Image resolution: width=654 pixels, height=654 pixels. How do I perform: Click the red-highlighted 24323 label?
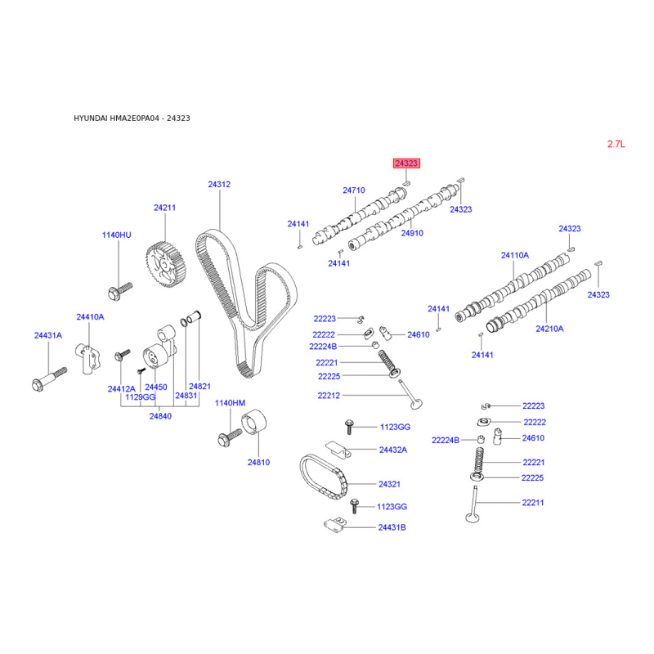tap(406, 163)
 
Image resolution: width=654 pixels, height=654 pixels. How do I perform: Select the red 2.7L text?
tap(616, 145)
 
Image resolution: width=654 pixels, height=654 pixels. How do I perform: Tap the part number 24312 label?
tap(219, 185)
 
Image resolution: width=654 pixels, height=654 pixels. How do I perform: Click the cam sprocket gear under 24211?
tap(166, 265)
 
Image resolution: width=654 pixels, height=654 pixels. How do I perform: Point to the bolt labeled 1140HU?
tap(120, 291)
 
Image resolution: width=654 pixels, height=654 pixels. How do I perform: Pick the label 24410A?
tap(90, 317)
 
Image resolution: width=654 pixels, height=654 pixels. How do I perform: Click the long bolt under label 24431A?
tap(49, 379)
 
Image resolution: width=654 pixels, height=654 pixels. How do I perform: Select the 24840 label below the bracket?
tap(160, 416)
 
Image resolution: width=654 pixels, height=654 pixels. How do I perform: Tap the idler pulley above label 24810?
tap(254, 422)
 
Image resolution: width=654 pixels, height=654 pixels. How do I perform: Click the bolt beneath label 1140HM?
tap(230, 437)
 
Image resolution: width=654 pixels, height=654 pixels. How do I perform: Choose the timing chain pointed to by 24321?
tap(323, 476)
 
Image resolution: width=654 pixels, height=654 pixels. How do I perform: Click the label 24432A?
tap(393, 450)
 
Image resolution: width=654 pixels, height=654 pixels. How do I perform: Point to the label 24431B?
tap(392, 527)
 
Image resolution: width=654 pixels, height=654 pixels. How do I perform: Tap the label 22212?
tap(329, 396)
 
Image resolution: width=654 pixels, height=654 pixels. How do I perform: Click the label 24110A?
tap(515, 255)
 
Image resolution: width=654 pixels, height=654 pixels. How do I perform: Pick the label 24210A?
tap(549, 329)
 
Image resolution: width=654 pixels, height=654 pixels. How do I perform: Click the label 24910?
tap(412, 233)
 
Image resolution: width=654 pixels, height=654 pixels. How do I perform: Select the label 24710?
tap(354, 190)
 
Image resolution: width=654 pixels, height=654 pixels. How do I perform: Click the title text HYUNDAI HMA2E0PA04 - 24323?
tap(132, 119)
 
